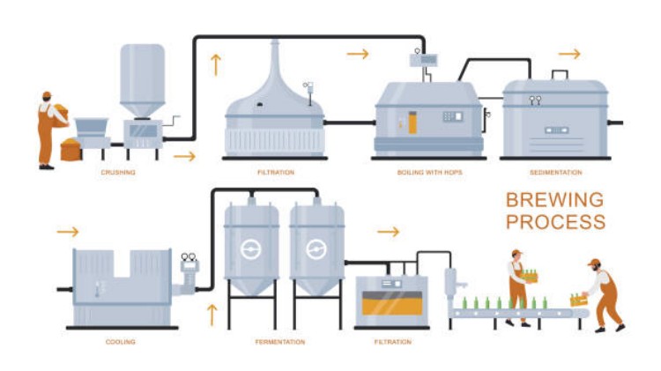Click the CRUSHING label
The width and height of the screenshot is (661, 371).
(x=118, y=173)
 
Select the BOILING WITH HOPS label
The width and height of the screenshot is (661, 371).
(x=429, y=173)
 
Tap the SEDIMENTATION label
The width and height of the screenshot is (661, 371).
(x=556, y=173)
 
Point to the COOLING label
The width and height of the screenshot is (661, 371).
(x=121, y=342)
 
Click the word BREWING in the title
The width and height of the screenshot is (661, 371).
(x=554, y=200)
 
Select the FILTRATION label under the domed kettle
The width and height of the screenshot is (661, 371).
(x=275, y=173)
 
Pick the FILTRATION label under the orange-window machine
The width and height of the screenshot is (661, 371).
(x=391, y=342)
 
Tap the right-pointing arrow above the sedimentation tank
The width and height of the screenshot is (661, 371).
(x=569, y=54)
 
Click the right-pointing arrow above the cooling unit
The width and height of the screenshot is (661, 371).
(x=68, y=232)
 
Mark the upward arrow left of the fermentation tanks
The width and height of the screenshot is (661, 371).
(x=212, y=312)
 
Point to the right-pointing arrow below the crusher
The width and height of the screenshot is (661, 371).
(x=185, y=157)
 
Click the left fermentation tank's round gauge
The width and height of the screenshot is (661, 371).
(x=251, y=249)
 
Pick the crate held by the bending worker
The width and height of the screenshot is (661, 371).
(x=579, y=300)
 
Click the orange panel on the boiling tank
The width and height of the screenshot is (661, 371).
(x=412, y=122)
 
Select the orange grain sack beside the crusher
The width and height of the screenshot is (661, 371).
(x=70, y=149)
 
